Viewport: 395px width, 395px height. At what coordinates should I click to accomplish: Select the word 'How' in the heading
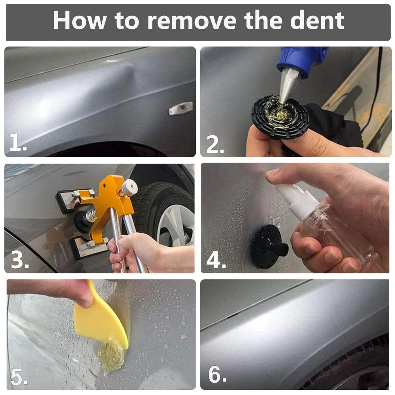click(x=80, y=21)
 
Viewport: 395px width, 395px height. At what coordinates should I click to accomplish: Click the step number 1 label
click(x=18, y=142)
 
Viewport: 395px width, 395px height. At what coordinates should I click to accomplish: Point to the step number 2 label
click(x=215, y=144)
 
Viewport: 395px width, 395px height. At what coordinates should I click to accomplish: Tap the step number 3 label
click(x=20, y=260)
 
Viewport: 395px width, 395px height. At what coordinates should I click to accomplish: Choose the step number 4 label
click(x=216, y=260)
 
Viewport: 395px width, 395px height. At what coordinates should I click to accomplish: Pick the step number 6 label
click(x=217, y=374)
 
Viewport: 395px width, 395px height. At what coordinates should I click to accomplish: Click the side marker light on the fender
click(x=181, y=108)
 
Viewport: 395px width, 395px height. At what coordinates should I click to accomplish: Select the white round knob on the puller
click(x=130, y=186)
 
